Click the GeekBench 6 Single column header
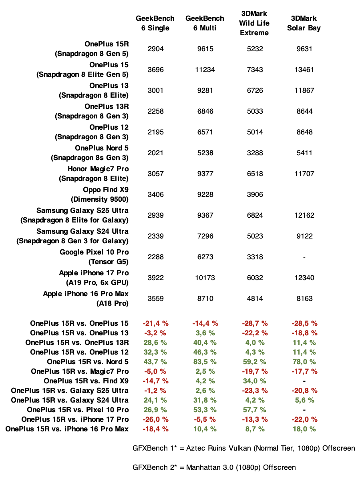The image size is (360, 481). tap(155, 23)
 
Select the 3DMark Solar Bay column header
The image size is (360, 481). tap(304, 23)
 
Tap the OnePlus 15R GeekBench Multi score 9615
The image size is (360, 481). tap(205, 49)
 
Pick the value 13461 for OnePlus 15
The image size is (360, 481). tap(304, 70)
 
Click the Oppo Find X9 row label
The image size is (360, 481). tap(100, 194)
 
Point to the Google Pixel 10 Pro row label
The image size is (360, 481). tap(94, 257)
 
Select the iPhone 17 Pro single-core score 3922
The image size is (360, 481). tap(155, 278)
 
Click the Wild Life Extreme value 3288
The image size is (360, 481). tap(255, 153)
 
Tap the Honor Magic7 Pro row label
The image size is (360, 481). tap(94, 174)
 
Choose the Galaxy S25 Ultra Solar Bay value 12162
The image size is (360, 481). tap(304, 215)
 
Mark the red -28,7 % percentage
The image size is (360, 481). tap(255, 323)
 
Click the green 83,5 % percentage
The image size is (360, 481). tap(205, 361)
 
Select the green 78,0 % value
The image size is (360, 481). tap(304, 361)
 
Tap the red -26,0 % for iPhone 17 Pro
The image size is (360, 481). tap(155, 419)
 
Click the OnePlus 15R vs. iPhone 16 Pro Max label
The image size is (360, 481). tap(67, 429)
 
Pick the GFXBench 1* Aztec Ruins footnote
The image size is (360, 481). tap(243, 448)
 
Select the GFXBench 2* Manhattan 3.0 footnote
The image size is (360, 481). tap(214, 467)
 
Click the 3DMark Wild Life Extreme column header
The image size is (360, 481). tap(255, 23)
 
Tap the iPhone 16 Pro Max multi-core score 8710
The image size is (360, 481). tap(205, 299)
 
